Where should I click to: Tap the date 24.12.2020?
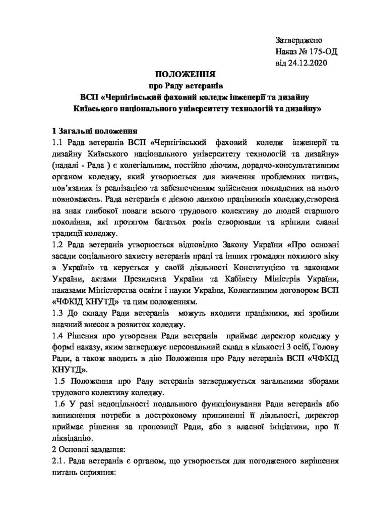tap(307, 63)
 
